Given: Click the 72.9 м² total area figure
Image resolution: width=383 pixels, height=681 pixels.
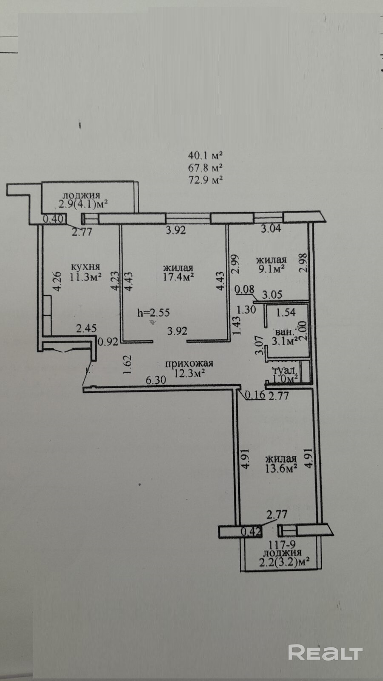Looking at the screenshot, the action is click(206, 180).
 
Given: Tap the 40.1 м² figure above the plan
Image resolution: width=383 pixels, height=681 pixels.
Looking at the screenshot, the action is click(206, 155).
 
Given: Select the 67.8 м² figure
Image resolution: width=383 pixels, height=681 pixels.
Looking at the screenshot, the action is click(206, 167).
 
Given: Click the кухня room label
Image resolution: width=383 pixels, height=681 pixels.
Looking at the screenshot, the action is click(86, 267).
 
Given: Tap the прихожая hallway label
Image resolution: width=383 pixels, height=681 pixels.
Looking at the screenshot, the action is click(189, 363).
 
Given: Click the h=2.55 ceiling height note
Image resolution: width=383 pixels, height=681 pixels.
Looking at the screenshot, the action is click(153, 312).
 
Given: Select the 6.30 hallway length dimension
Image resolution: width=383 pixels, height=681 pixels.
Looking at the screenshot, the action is click(156, 380).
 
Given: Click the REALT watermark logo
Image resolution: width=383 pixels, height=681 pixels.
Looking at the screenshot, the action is click(325, 652).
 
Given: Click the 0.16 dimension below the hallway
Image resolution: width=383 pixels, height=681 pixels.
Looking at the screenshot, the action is click(255, 395).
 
